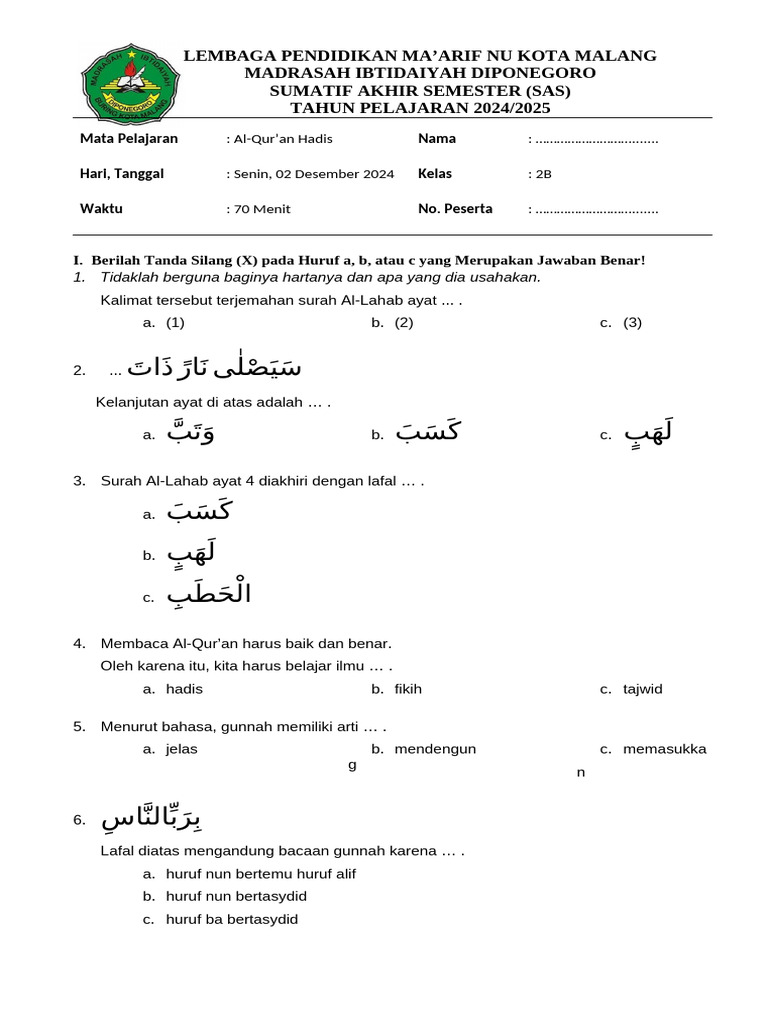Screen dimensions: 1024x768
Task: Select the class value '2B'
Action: point(543,174)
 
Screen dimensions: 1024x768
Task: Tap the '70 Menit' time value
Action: point(262,210)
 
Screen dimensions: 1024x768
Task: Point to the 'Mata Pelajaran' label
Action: point(129,139)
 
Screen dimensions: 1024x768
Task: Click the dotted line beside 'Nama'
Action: point(596,140)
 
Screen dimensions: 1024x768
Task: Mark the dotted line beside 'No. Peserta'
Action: point(596,210)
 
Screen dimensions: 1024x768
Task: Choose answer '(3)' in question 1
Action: point(632,323)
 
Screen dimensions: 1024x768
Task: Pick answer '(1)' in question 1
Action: point(176,323)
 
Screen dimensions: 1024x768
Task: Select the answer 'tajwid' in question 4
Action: point(642,689)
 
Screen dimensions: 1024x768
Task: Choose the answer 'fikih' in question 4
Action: point(408,689)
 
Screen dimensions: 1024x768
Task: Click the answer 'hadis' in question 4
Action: point(184,689)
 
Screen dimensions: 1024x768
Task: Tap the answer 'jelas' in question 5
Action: point(182,749)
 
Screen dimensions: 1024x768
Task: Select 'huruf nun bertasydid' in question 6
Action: point(236,896)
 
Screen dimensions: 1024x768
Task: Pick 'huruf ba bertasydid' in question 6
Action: point(232,920)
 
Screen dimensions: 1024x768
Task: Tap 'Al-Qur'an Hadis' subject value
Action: point(283,139)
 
